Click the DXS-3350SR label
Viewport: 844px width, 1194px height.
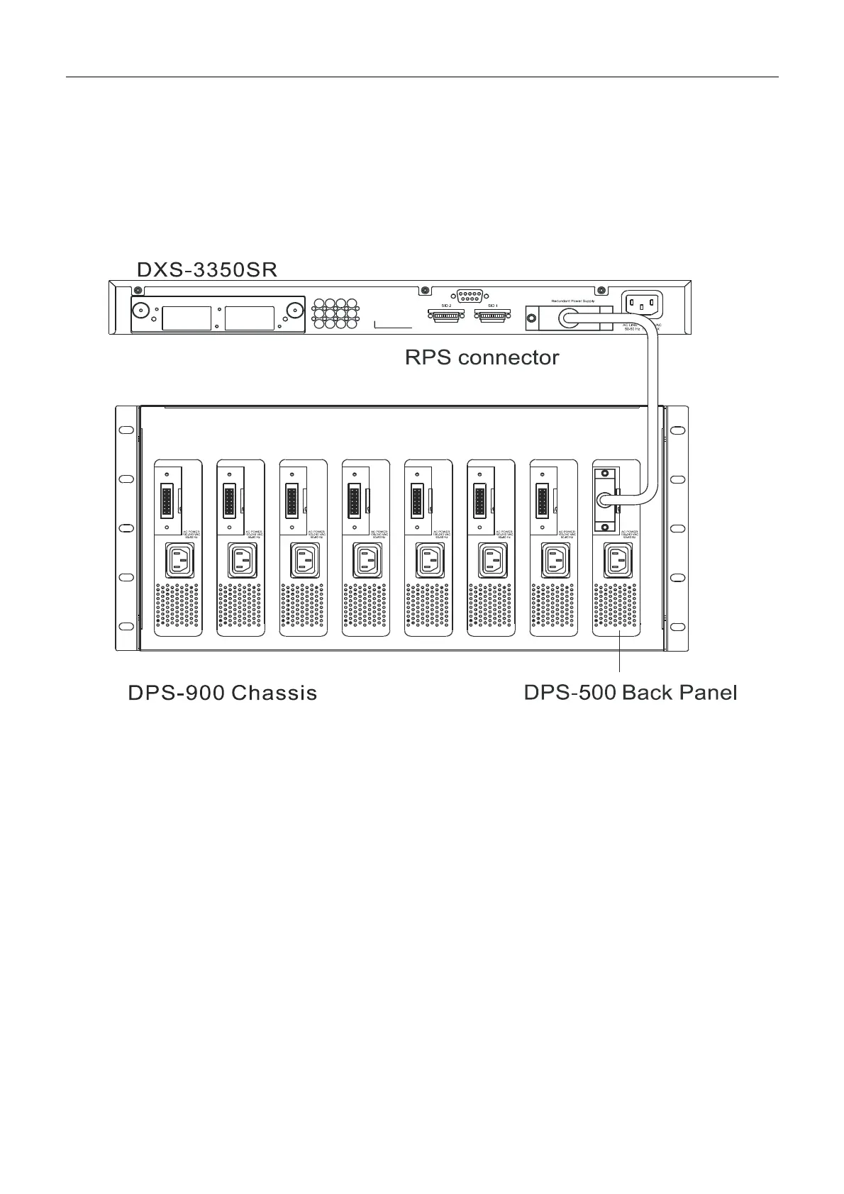click(206, 270)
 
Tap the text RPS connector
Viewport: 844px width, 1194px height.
click(482, 357)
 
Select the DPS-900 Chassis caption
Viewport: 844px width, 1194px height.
click(222, 693)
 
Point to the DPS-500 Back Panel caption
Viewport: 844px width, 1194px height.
click(630, 692)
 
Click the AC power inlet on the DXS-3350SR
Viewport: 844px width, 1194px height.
click(641, 305)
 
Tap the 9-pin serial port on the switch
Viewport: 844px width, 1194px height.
click(469, 296)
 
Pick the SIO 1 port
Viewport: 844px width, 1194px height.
click(492, 317)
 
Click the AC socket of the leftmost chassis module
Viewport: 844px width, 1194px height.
click(179, 561)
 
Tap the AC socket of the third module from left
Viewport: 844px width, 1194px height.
click(304, 561)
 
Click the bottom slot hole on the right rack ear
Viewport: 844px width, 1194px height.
click(677, 626)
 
